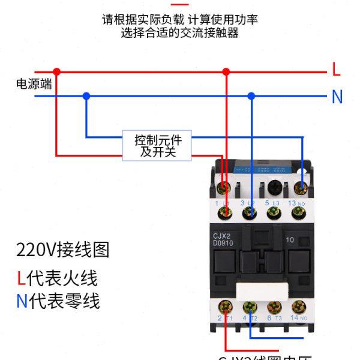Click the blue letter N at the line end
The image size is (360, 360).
click(337, 97)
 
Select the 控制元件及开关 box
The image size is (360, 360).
click(158, 146)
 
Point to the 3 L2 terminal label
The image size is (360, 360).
click(247, 204)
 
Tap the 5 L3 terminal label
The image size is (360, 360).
click(273, 204)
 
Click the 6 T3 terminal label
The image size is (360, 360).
click(273, 318)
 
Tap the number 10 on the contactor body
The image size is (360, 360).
click(290, 240)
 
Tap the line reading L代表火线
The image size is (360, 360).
click(56, 278)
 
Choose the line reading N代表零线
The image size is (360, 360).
click(58, 301)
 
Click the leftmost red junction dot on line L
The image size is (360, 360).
click(56, 71)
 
